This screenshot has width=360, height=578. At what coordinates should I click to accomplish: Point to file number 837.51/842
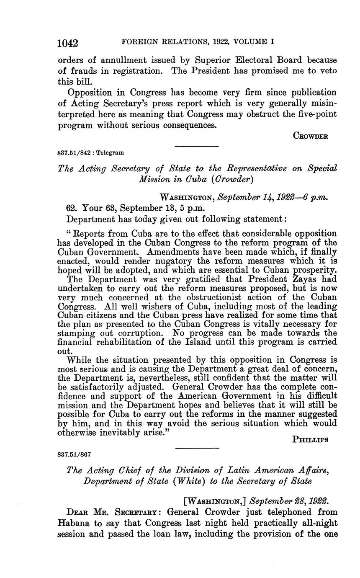73,153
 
